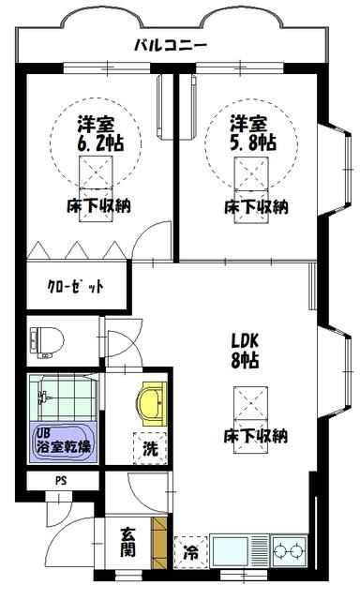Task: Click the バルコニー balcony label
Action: [171, 46]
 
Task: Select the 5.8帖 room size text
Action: [253, 142]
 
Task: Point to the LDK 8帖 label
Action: [245, 350]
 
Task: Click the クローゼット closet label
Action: [75, 286]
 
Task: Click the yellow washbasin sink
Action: [152, 404]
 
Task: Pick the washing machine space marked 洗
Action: [150, 448]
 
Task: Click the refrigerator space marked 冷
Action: [190, 552]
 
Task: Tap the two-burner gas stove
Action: [290, 552]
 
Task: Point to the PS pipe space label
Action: [61, 480]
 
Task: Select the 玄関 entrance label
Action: [128, 542]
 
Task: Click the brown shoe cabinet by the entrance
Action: [159, 543]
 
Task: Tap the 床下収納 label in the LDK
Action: [255, 436]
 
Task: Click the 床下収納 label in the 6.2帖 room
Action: [98, 206]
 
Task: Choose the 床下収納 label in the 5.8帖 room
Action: [256, 207]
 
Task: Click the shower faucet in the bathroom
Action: [43, 397]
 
